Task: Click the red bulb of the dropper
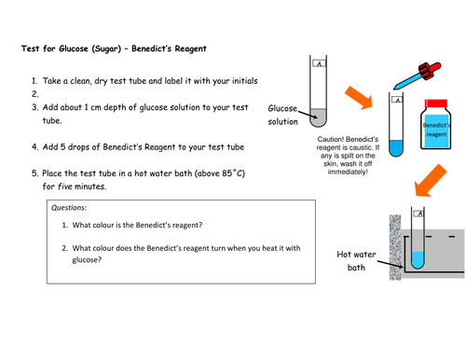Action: pos(430,70)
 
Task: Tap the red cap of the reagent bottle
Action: pos(436,104)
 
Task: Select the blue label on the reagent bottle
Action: pos(436,131)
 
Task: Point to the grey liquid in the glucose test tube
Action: pos(318,118)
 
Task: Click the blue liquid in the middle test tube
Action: pos(396,148)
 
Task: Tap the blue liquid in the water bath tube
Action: pos(418,260)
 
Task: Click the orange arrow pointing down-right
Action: pos(359,98)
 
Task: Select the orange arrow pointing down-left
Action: pos(431,181)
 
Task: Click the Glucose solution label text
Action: pos(282,115)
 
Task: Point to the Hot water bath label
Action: pos(356,261)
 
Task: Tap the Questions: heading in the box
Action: pos(69,208)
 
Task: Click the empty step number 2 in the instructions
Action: pos(35,94)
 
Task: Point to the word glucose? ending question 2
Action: pos(87,260)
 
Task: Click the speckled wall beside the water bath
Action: pos(395,247)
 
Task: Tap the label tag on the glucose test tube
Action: pos(319,63)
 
